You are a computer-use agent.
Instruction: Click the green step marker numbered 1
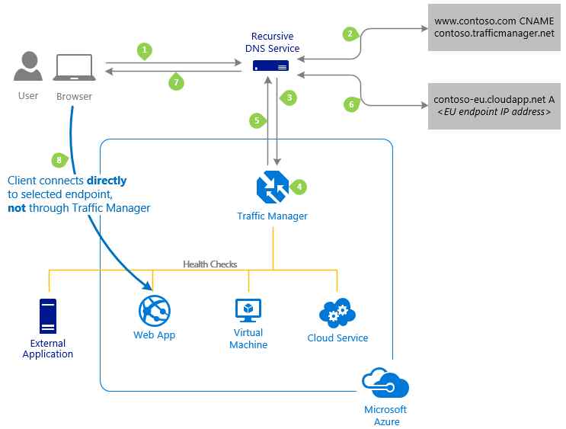point(145,51)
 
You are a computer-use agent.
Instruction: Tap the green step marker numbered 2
point(350,34)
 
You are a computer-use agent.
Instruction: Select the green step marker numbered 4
point(299,187)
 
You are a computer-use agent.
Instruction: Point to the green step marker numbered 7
point(176,82)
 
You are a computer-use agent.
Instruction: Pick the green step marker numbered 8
point(59,160)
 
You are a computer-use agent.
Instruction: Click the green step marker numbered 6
point(352,104)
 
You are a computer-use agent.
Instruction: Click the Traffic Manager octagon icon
point(273,187)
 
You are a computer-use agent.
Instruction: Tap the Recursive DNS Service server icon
point(270,66)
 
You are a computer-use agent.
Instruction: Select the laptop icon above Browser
point(75,68)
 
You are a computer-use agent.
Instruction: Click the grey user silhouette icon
point(28,66)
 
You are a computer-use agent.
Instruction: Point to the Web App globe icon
point(155,311)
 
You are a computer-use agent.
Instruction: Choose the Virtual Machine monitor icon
point(248,310)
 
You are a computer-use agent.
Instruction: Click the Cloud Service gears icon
point(337,312)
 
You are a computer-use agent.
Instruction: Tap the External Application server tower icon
point(48,316)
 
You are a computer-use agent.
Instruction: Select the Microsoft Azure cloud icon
point(385,383)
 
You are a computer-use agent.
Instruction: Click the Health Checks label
point(210,264)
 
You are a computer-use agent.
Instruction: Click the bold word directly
point(107,181)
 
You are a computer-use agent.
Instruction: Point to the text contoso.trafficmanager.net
point(494,34)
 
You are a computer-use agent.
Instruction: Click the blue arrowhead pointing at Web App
point(148,285)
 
